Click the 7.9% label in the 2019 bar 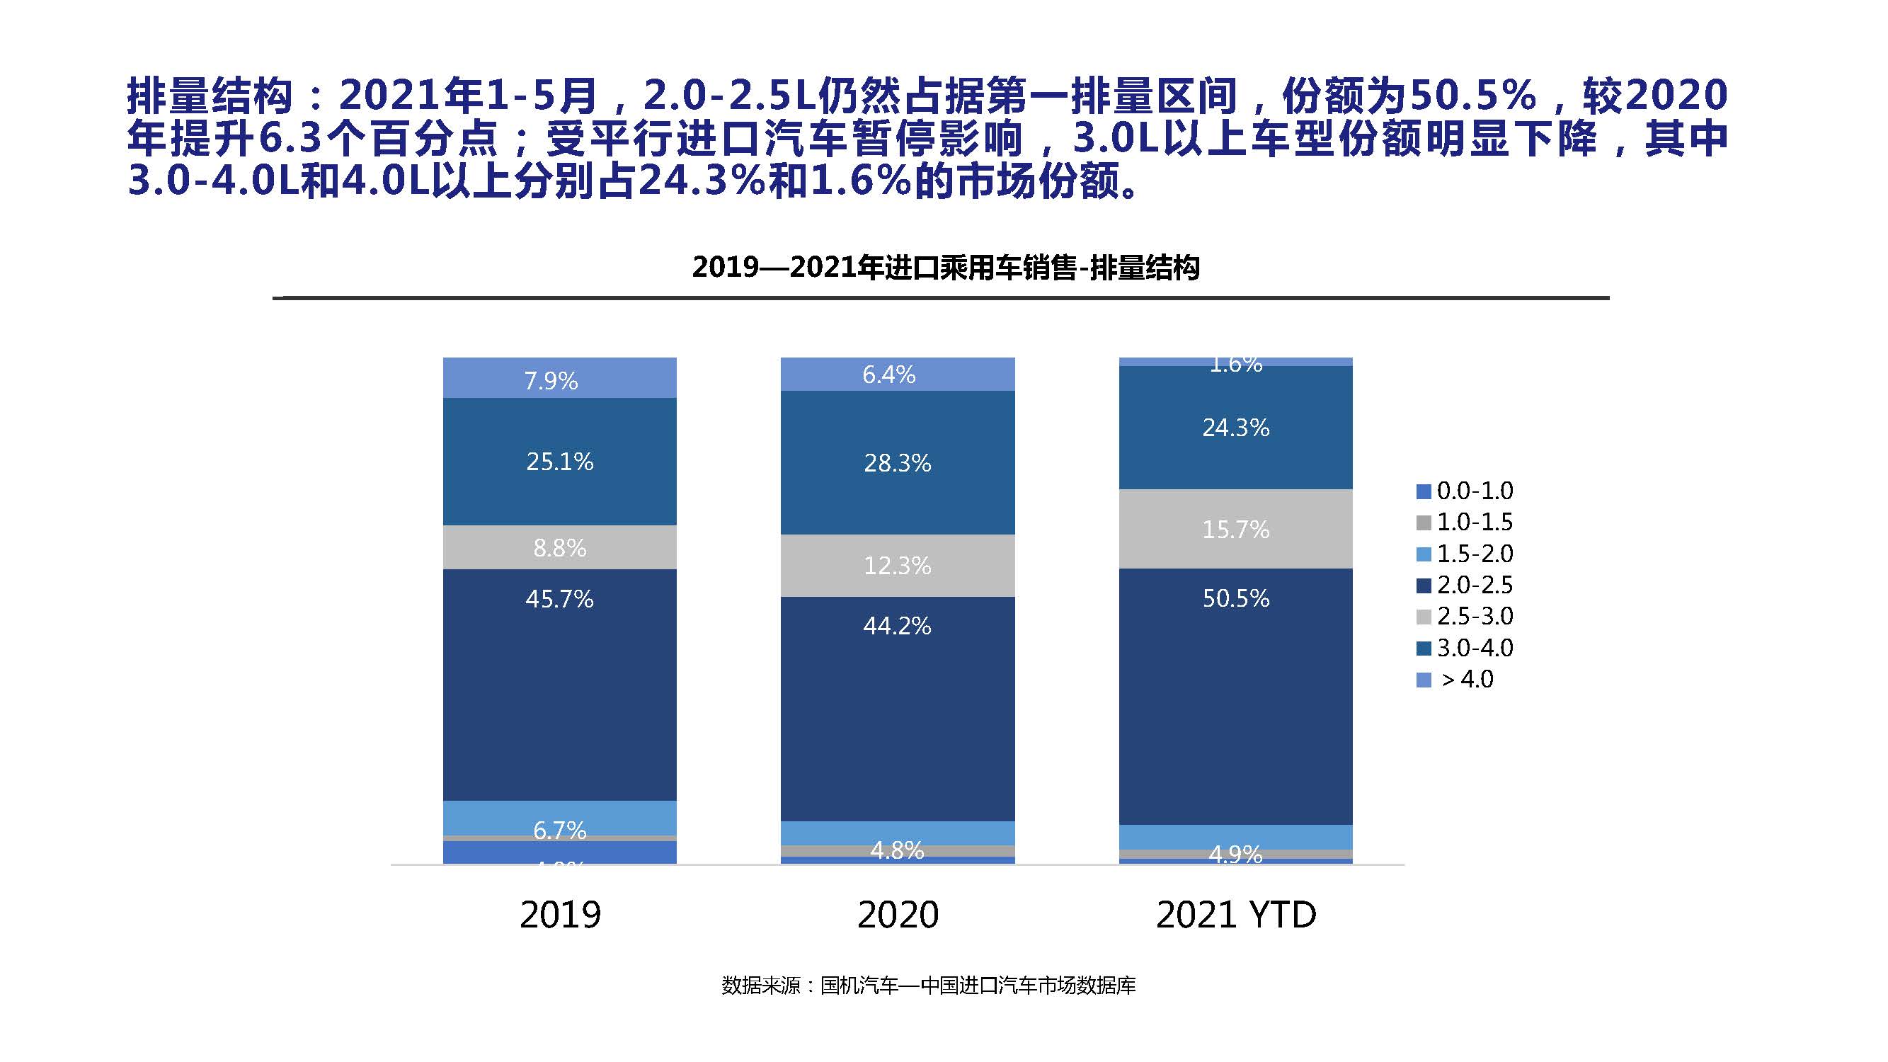(551, 381)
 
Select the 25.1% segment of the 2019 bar (559, 462)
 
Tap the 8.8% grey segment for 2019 (559, 547)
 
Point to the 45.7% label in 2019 (559, 599)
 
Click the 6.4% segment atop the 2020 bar (889, 375)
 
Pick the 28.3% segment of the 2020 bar (897, 462)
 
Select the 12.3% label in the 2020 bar (897, 565)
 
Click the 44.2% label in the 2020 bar (897, 625)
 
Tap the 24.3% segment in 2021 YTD (1236, 428)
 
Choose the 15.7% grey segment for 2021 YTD (1236, 529)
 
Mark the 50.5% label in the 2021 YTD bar (1236, 598)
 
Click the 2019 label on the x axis (560, 915)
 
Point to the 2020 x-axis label (898, 915)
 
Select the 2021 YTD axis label (1236, 915)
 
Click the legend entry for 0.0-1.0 (1466, 491)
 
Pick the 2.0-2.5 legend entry (1466, 585)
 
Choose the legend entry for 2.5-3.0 (1466, 617)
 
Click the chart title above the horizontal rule (946, 268)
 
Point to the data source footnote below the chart (929, 986)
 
